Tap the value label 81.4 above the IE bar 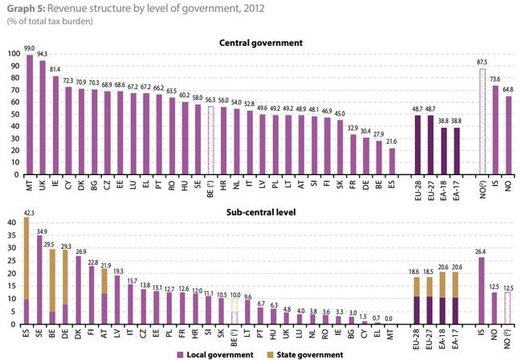pyautogui.click(x=55, y=68)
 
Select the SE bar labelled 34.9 pyautogui.click(x=39, y=280)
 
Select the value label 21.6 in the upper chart pyautogui.click(x=392, y=141)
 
